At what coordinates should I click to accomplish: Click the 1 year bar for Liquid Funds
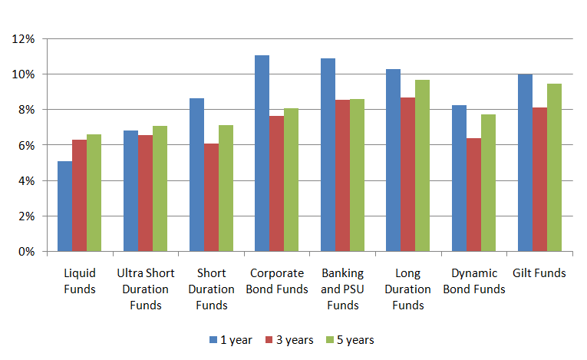point(64,206)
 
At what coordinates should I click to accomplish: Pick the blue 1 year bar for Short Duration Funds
point(196,174)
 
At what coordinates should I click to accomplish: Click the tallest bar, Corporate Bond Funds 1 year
point(262,153)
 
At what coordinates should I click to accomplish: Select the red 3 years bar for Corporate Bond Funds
point(276,183)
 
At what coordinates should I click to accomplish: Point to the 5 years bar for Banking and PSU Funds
point(357,175)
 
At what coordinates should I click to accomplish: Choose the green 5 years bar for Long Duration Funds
point(422,165)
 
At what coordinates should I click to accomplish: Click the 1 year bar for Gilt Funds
point(525,163)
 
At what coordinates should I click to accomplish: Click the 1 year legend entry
point(230,339)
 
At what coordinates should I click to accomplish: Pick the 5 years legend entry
point(349,339)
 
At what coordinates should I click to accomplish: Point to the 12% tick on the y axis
point(35,38)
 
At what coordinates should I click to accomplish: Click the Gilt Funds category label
point(539,273)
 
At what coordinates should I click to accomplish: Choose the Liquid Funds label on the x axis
point(80,281)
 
